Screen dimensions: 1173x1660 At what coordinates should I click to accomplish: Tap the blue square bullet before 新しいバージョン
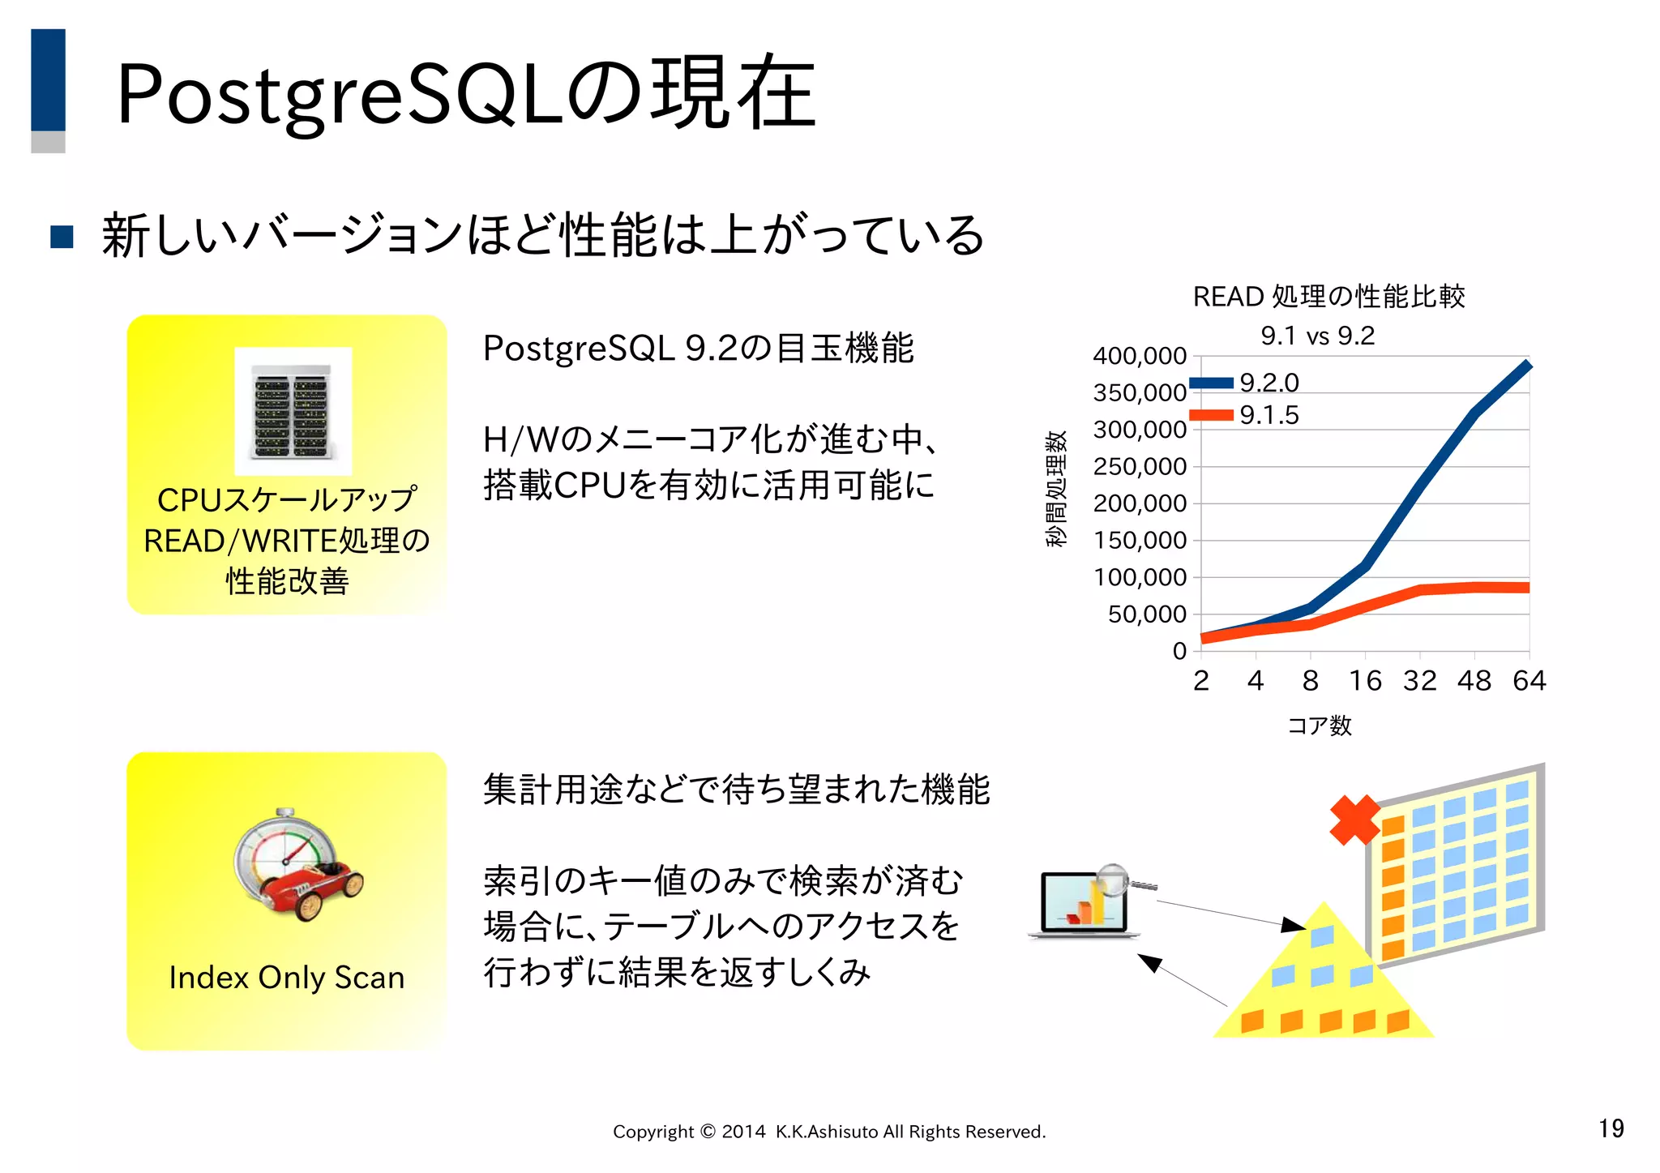62,237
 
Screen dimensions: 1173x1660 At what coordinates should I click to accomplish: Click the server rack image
293,411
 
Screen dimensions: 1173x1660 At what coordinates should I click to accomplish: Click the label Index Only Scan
286,978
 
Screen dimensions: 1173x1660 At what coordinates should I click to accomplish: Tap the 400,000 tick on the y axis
1139,356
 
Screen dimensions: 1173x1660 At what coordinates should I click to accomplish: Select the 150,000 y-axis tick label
1139,540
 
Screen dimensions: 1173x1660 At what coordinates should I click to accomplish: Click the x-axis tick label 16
1365,681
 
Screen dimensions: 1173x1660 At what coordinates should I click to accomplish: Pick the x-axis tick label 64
1529,681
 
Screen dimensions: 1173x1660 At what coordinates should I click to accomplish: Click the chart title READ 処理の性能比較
1328,297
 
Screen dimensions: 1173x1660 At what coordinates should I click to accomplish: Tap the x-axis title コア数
1319,725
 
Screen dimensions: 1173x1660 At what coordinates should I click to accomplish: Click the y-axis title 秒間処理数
1055,489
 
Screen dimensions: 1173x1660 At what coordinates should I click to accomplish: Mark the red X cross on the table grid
1354,820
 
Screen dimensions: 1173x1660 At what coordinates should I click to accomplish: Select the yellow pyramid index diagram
1323,981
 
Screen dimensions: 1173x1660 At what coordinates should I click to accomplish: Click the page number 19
1611,1128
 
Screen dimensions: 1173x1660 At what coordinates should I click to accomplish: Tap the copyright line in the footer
828,1132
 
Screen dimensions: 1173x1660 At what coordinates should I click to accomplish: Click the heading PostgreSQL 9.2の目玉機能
698,349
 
